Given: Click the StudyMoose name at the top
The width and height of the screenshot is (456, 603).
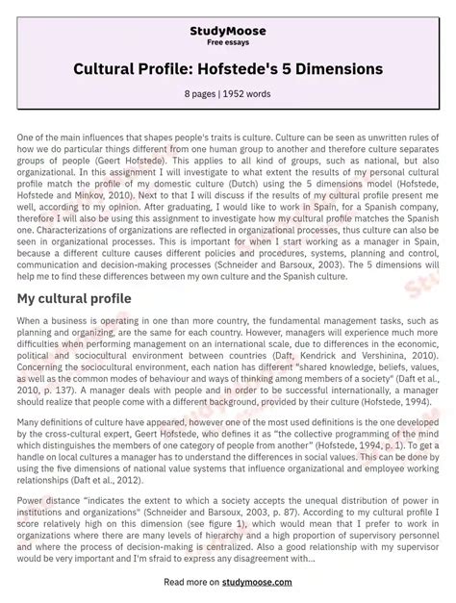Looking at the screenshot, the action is (227, 31).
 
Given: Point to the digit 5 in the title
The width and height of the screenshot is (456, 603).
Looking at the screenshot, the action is (321, 69).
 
